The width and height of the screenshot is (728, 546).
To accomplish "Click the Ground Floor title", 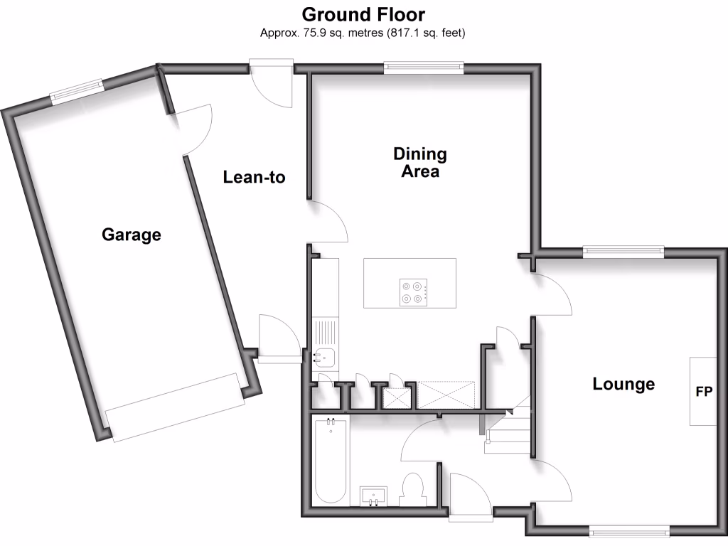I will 363,14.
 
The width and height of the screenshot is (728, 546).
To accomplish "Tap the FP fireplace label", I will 703,392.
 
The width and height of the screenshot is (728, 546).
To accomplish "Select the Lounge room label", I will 623,385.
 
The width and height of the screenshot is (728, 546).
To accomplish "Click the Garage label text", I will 131,235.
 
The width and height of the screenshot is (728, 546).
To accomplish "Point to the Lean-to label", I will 254,177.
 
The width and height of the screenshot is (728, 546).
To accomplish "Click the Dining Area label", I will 420,162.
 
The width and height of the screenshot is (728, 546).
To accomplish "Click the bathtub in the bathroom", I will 330,461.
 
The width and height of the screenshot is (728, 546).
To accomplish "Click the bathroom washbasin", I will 374,496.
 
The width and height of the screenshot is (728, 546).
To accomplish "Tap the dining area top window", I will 424,68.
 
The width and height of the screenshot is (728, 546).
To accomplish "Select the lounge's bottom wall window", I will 629,530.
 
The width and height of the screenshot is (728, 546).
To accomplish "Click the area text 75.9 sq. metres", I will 321,33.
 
